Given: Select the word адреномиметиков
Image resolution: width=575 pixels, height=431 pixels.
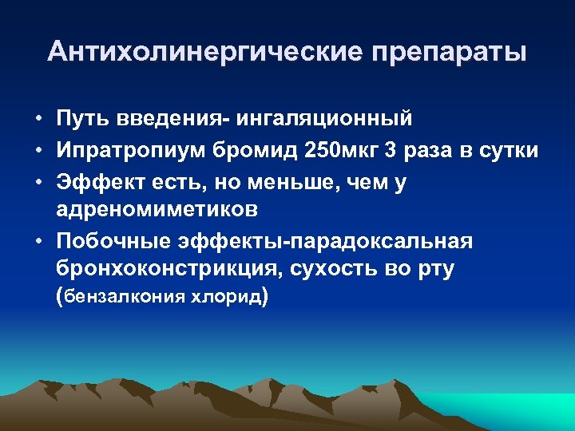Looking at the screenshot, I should [x=157, y=210].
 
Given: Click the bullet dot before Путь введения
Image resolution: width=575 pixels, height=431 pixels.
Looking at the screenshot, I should [x=38, y=121].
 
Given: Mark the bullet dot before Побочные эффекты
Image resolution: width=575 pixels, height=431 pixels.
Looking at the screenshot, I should [x=38, y=242].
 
